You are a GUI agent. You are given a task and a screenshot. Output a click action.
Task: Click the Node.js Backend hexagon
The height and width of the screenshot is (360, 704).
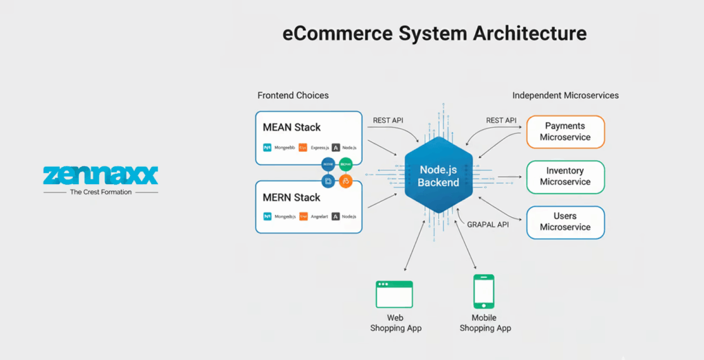pyautogui.click(x=438, y=175)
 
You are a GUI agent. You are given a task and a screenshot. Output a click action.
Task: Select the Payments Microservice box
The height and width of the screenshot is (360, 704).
pyautogui.click(x=565, y=132)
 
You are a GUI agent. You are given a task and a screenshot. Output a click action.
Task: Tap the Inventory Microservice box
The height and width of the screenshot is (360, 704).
pyautogui.click(x=565, y=177)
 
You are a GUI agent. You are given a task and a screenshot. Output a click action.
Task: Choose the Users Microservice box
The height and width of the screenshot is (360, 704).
pyautogui.click(x=565, y=222)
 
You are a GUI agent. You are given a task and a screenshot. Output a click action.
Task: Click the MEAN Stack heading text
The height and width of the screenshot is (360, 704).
pyautogui.click(x=291, y=127)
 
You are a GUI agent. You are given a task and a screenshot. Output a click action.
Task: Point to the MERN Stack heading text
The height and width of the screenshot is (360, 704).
pyautogui.click(x=291, y=197)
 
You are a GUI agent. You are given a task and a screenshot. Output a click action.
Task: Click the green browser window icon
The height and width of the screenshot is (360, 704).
pyautogui.click(x=394, y=294)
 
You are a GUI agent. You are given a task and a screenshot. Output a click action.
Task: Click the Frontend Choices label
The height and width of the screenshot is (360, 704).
pyautogui.click(x=293, y=95)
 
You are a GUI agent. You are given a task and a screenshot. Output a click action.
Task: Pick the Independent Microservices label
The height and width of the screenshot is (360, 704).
pyautogui.click(x=565, y=95)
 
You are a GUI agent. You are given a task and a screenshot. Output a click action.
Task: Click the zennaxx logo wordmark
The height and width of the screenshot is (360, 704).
pyautogui.click(x=100, y=175)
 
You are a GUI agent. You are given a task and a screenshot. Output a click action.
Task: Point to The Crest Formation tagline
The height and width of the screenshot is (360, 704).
pyautogui.click(x=100, y=192)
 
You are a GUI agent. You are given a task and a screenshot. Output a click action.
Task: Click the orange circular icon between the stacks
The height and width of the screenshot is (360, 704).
pyautogui.click(x=346, y=181)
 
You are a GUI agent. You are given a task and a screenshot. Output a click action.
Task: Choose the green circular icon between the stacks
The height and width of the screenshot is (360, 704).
pyautogui.click(x=346, y=164)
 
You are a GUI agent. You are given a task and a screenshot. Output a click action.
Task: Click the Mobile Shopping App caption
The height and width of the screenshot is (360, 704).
pyautogui.click(x=485, y=323)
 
